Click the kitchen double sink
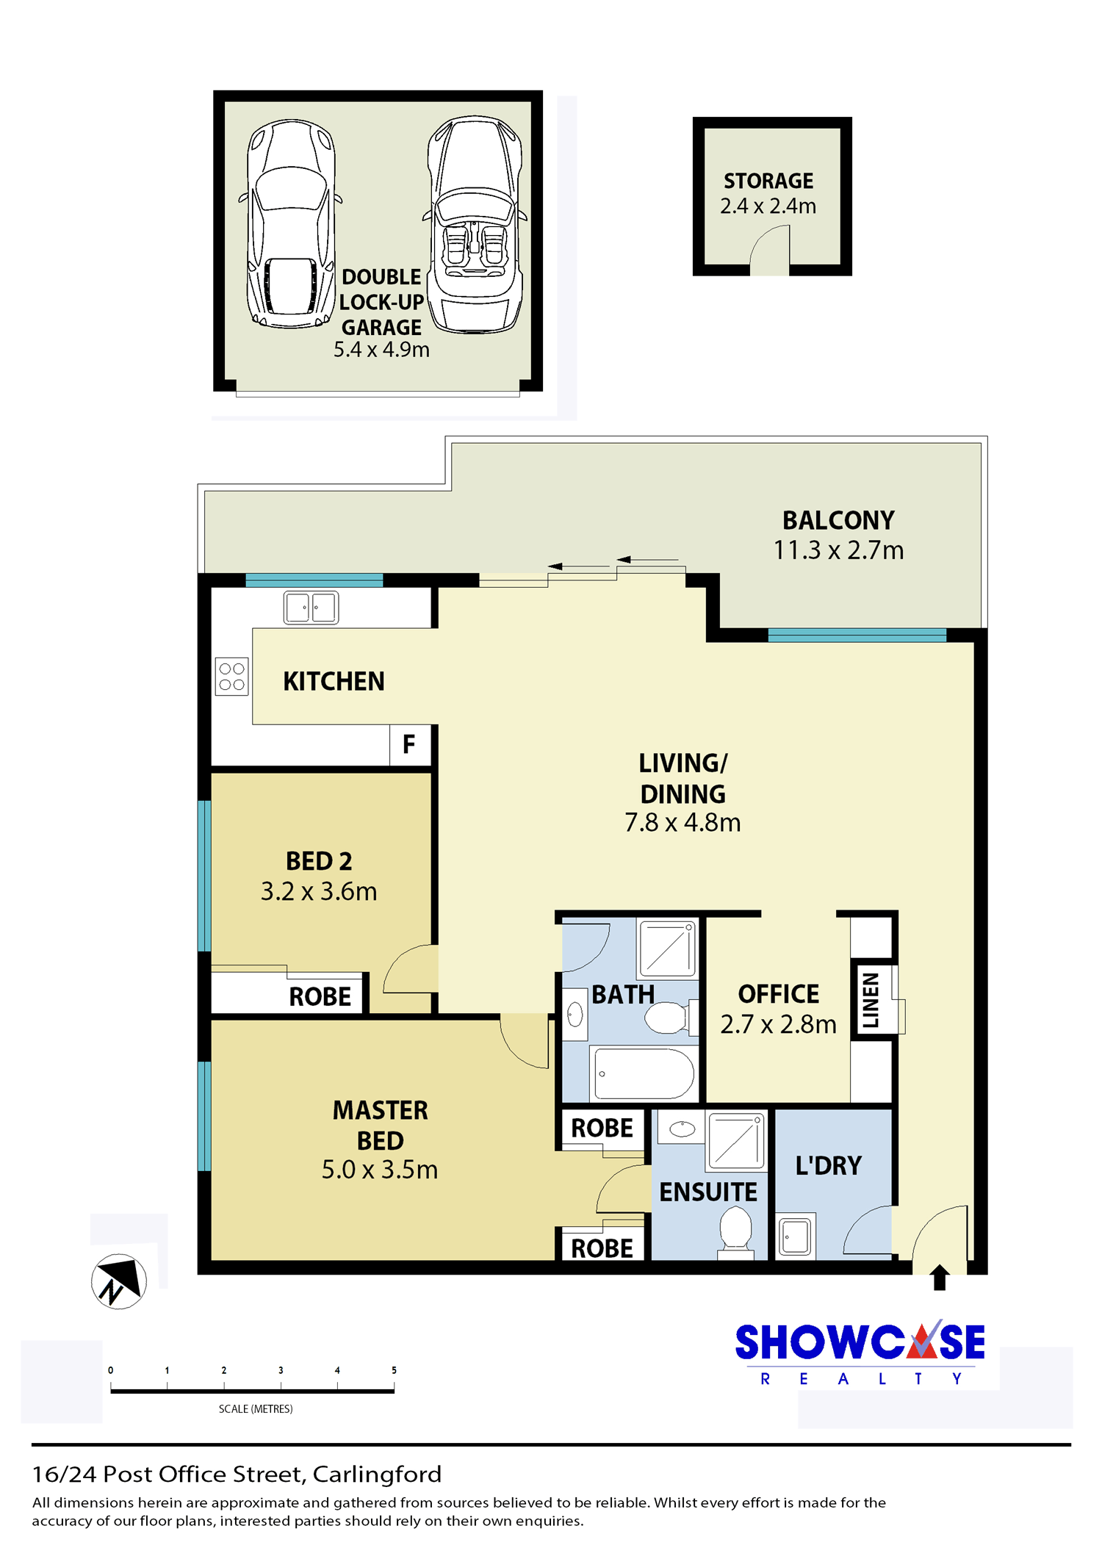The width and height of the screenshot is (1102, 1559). pyautogui.click(x=311, y=608)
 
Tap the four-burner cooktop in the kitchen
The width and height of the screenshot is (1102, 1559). pyautogui.click(x=231, y=677)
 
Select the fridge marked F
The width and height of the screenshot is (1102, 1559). pyautogui.click(x=410, y=745)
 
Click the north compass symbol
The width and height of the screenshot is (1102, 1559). pyautogui.click(x=119, y=1281)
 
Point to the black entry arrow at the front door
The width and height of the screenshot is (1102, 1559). pyautogui.click(x=940, y=1278)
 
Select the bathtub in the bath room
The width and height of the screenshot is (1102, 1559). pyautogui.click(x=644, y=1073)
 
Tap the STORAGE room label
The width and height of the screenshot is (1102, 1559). pyautogui.click(x=768, y=181)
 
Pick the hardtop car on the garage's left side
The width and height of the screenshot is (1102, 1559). pyautogui.click(x=291, y=224)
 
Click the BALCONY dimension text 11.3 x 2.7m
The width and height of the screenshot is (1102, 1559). pyautogui.click(x=838, y=550)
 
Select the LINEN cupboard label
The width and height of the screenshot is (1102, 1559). pyautogui.click(x=871, y=1000)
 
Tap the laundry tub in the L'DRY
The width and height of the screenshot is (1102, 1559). pyautogui.click(x=796, y=1236)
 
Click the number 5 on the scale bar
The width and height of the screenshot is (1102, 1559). pyautogui.click(x=394, y=1370)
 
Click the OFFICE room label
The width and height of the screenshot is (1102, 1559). pyautogui.click(x=779, y=994)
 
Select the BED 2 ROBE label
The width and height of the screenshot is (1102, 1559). pyautogui.click(x=320, y=997)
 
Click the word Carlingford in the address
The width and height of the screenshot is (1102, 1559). pyautogui.click(x=377, y=1475)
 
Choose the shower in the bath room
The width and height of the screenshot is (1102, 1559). pyautogui.click(x=667, y=948)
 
